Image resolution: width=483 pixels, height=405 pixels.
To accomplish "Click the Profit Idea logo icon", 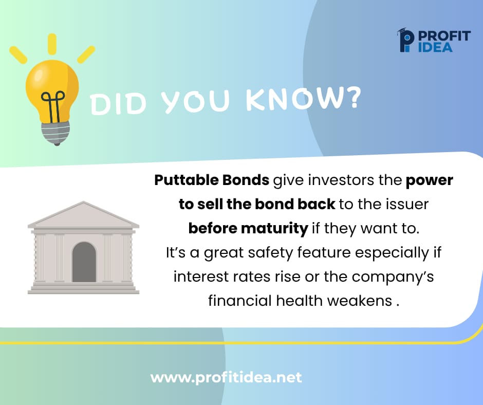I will pyautogui.click(x=405, y=40).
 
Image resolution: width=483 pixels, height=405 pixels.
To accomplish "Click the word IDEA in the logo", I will pyautogui.click(x=436, y=47).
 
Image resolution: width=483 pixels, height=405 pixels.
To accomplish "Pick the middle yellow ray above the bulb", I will pyautogui.click(x=52, y=43).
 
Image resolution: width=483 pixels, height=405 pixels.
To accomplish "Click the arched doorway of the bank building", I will pyautogui.click(x=84, y=262).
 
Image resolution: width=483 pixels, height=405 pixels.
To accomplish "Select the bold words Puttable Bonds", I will pyautogui.click(x=212, y=181).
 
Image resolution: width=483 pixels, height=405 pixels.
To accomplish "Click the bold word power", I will pyautogui.click(x=429, y=181).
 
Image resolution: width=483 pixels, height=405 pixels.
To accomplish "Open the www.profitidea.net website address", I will pyautogui.click(x=226, y=378).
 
